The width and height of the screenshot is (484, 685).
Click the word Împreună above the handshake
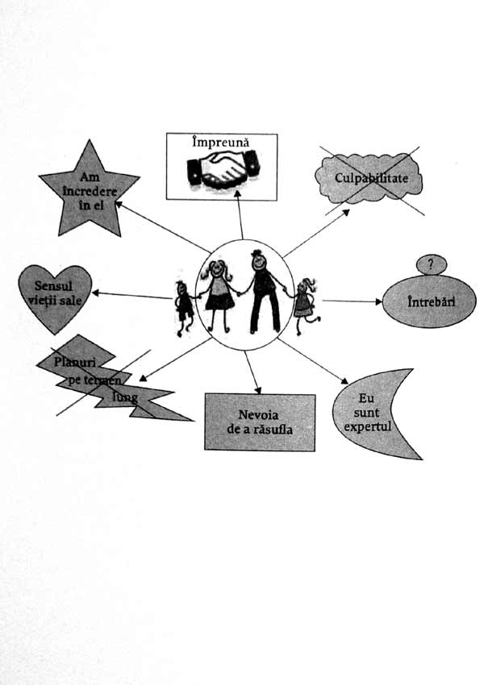click(x=221, y=142)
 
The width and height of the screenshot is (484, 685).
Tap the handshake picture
click(x=222, y=169)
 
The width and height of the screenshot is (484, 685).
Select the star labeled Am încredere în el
click(x=90, y=190)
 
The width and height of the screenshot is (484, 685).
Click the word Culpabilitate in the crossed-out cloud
click(x=371, y=178)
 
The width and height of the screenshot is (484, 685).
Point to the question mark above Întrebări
click(x=431, y=264)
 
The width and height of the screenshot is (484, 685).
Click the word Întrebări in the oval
click(x=431, y=301)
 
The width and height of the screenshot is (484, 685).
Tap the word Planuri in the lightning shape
click(x=75, y=362)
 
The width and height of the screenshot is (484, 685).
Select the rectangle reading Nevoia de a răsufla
click(x=260, y=422)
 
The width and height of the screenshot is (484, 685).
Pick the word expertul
click(x=367, y=426)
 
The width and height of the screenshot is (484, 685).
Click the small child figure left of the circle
click(x=184, y=308)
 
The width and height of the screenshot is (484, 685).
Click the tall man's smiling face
click(x=258, y=262)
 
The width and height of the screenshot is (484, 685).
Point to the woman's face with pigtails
click(x=216, y=271)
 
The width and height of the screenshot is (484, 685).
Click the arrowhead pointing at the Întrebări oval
click(x=378, y=301)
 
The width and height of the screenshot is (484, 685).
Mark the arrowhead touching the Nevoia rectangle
click(x=258, y=390)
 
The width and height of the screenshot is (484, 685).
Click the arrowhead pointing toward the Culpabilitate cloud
click(x=345, y=212)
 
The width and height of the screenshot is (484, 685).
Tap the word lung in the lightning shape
click(x=125, y=398)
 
